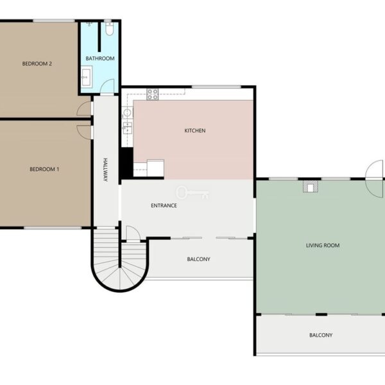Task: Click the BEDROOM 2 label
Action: click(x=37, y=64)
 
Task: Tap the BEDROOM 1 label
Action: click(x=44, y=169)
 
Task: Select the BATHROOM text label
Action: click(x=100, y=58)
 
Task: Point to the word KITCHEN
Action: click(x=195, y=131)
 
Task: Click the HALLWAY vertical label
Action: click(x=105, y=170)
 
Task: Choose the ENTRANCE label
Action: click(x=164, y=205)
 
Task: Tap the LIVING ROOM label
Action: click(x=323, y=245)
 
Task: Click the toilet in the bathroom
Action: click(x=109, y=29)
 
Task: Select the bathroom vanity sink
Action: click(x=87, y=77)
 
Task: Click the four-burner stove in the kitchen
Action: click(x=153, y=94)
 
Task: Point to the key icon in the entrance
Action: click(x=193, y=193)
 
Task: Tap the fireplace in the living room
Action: click(x=311, y=186)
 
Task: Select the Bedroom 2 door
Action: click(x=83, y=108)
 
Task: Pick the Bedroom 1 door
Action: click(x=85, y=132)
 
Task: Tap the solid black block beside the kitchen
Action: click(x=127, y=163)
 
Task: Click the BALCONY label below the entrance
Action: click(x=198, y=259)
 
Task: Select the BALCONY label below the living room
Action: click(x=321, y=335)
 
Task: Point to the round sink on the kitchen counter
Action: click(x=127, y=113)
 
